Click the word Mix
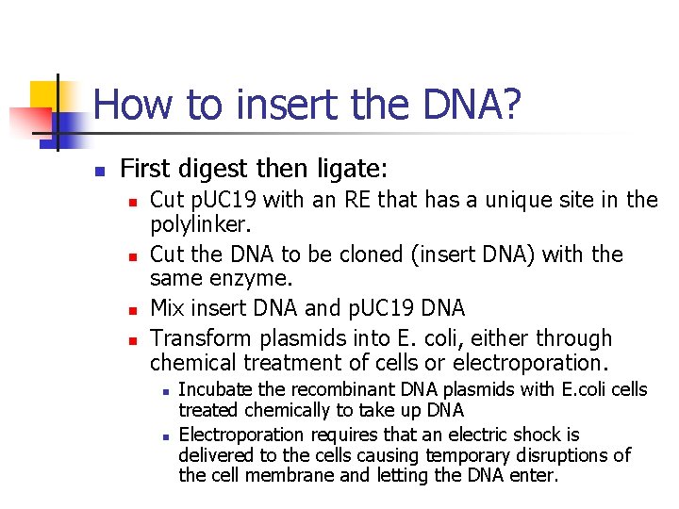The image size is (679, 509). tap(167, 308)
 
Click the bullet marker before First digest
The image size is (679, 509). tap(97, 172)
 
